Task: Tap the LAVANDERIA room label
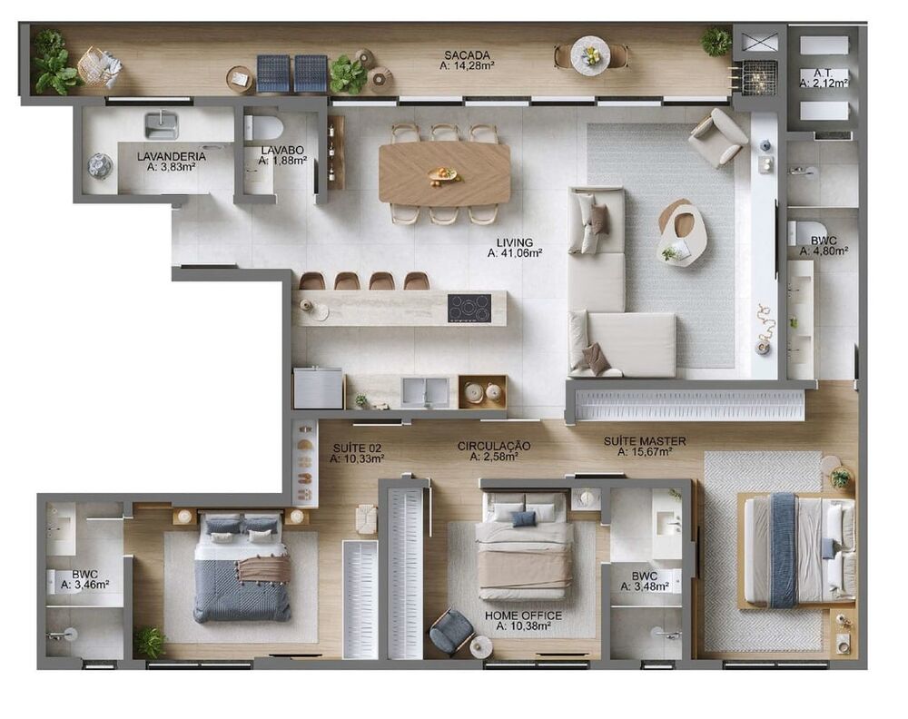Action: coord(172,156)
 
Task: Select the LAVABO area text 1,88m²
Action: coord(282,161)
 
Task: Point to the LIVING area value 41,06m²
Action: coord(515,254)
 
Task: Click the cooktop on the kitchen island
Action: coord(469,308)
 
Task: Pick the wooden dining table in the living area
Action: coord(444,173)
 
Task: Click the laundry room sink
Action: coord(162,124)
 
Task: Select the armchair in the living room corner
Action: coord(717,137)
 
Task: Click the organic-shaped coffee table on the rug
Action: coord(682,231)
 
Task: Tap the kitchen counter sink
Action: coord(425,391)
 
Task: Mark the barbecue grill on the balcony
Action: coord(759,77)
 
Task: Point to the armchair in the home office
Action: coord(450,632)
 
